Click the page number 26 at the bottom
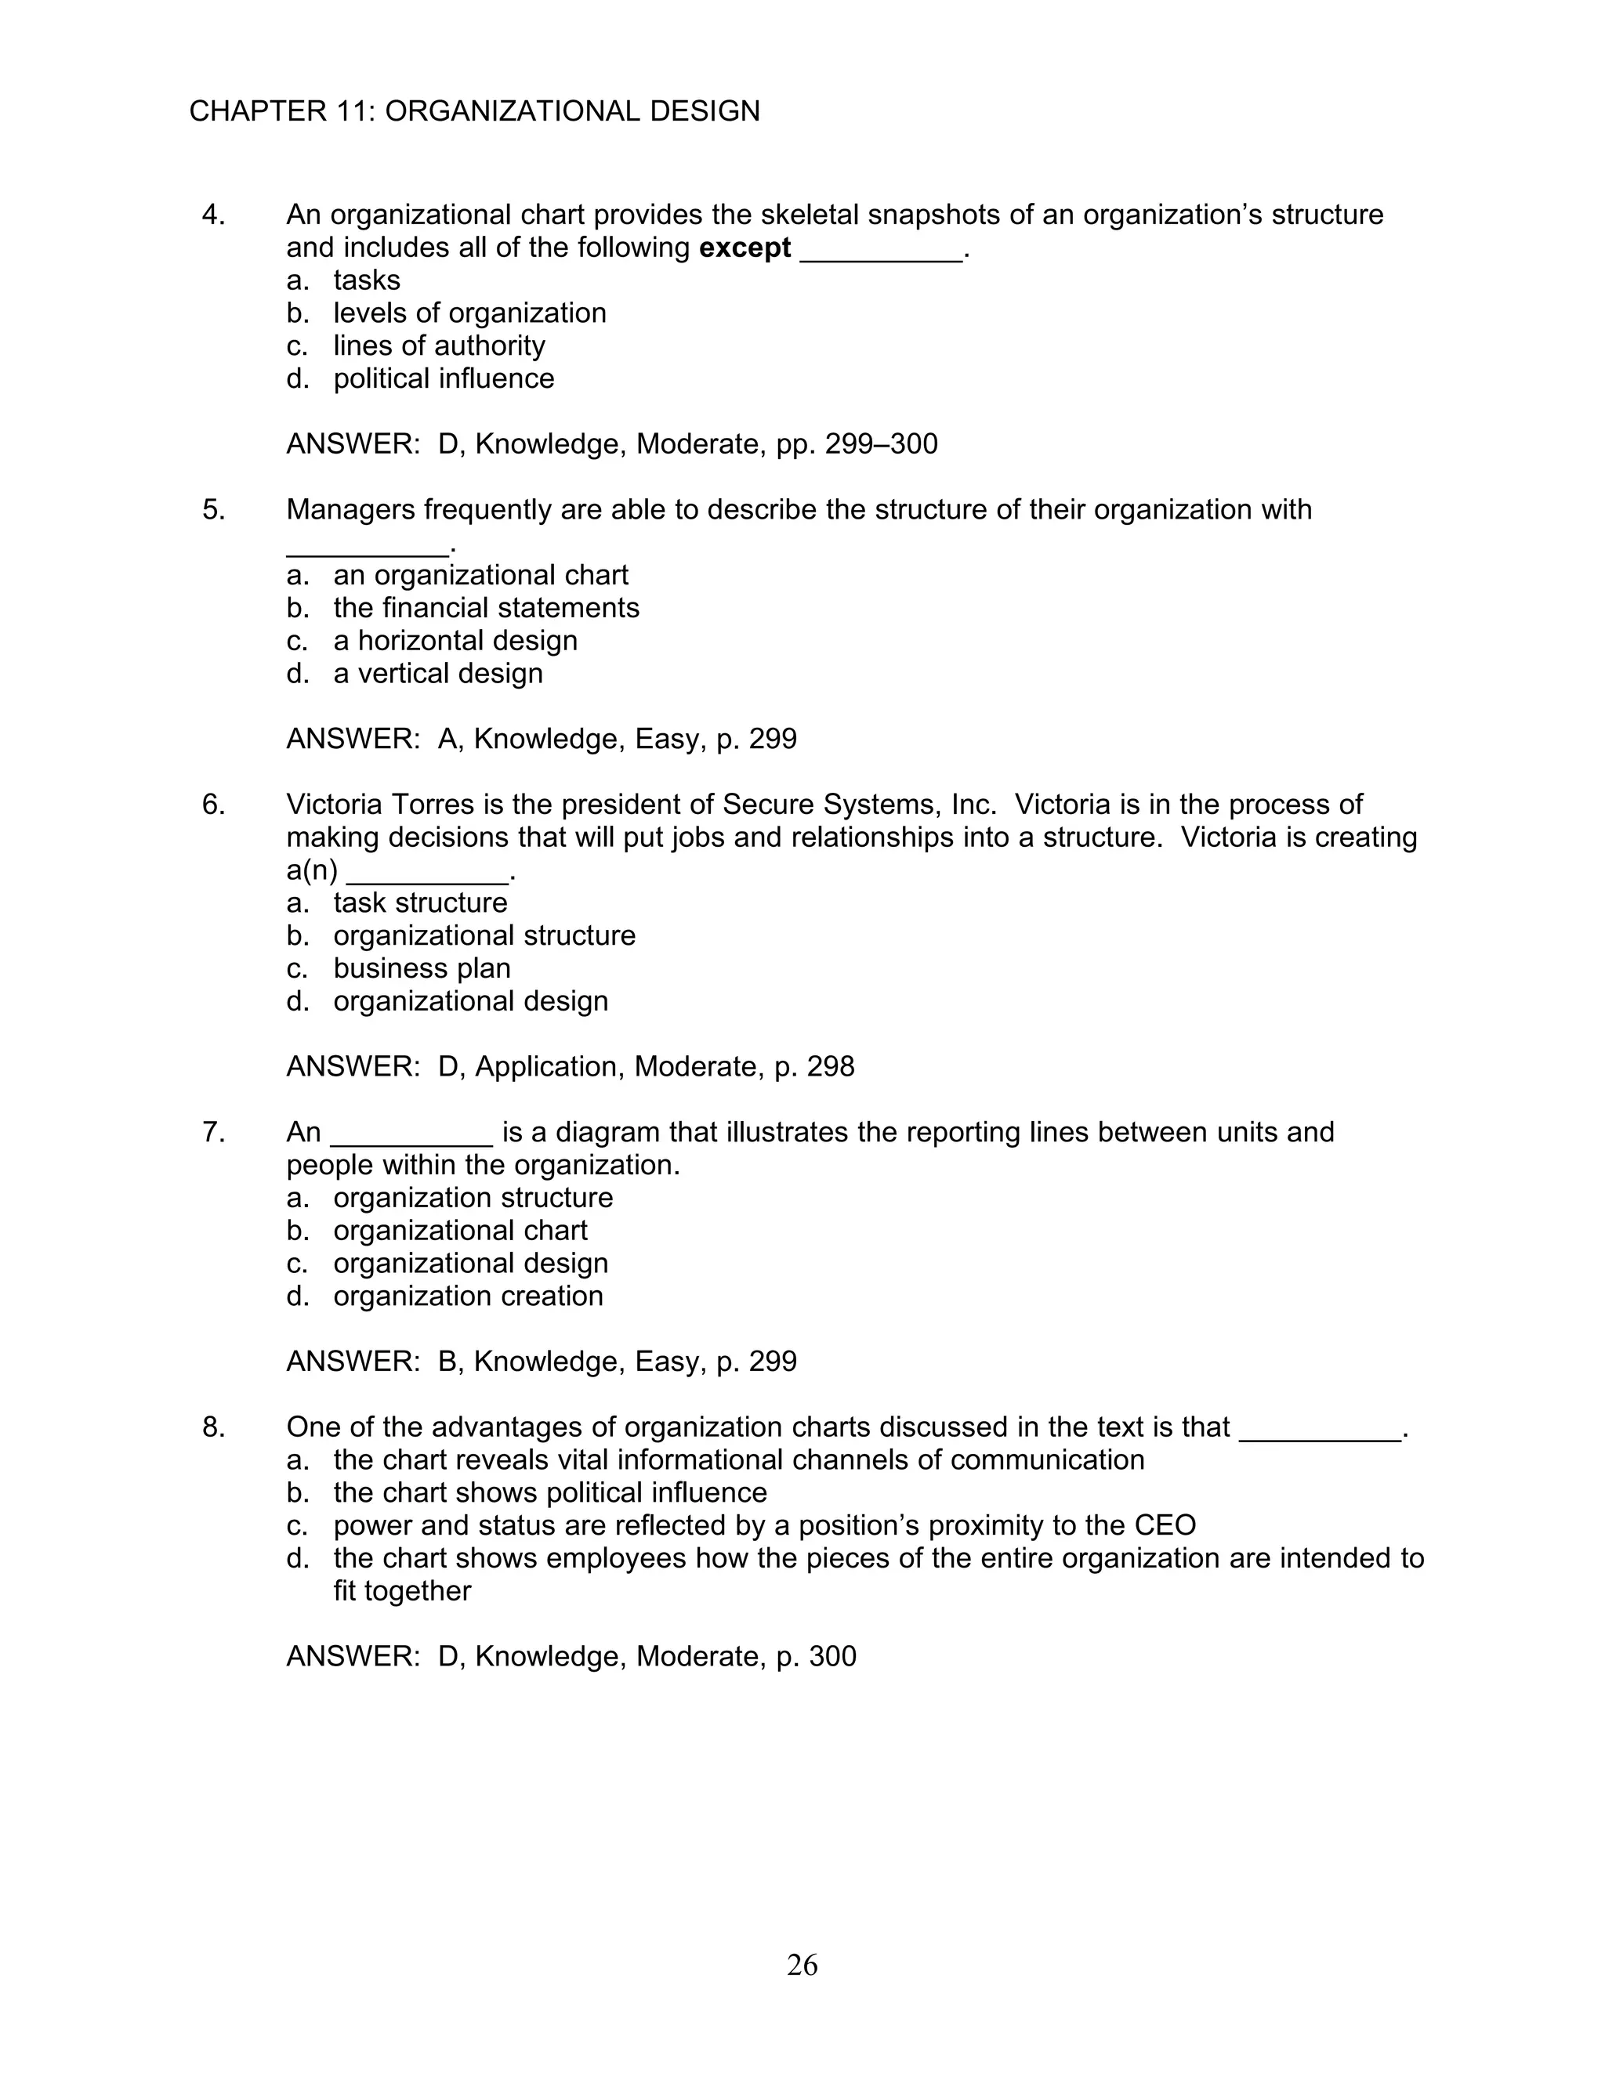click(x=802, y=1965)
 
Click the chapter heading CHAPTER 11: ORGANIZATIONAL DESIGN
click(x=474, y=111)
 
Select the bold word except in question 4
click(x=745, y=248)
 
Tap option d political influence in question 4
click(x=443, y=378)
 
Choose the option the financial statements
click(x=486, y=607)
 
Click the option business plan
click(x=421, y=967)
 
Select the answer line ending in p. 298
click(x=571, y=1066)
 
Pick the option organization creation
click(x=468, y=1296)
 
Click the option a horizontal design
click(x=455, y=641)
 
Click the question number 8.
click(x=213, y=1427)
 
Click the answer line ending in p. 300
click(x=571, y=1656)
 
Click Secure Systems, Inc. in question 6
click(x=860, y=805)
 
